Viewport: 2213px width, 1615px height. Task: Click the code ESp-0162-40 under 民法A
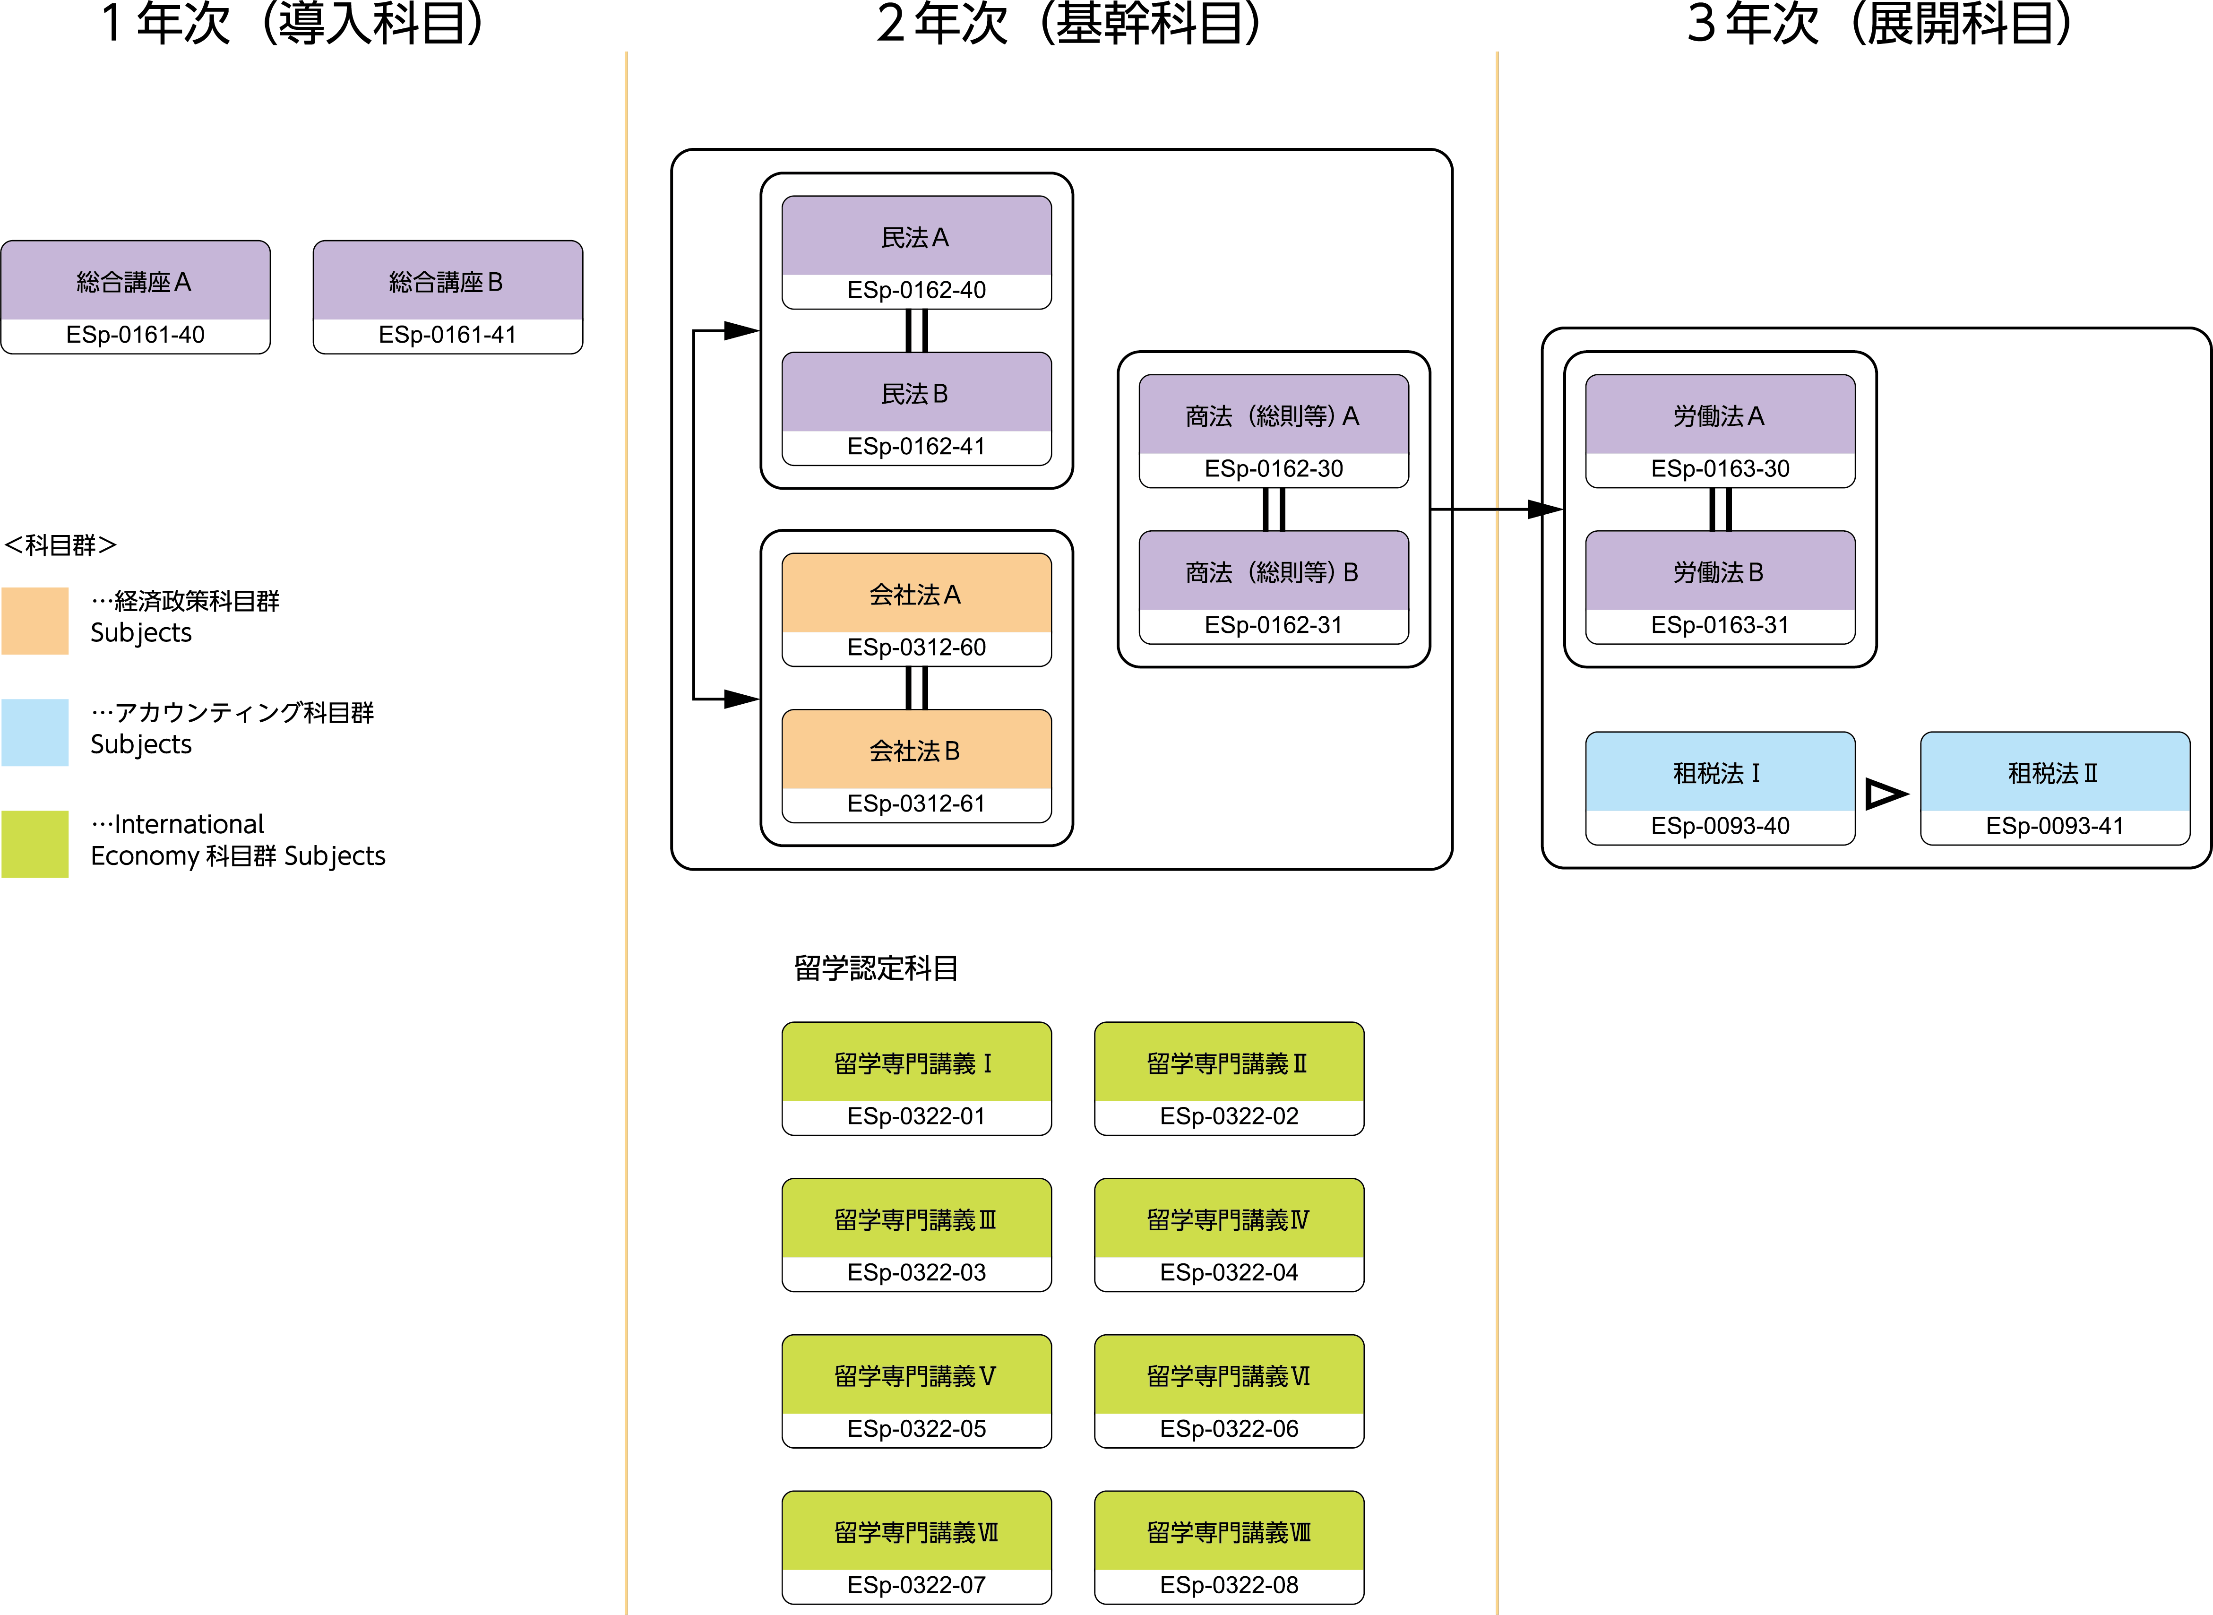coord(916,290)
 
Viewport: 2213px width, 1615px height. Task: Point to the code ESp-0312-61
coord(916,803)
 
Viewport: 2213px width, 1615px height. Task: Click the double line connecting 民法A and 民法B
coord(916,330)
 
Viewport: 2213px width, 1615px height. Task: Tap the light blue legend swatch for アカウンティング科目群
coord(35,732)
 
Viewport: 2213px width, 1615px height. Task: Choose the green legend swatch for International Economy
coord(35,844)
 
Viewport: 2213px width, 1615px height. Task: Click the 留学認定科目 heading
coord(876,968)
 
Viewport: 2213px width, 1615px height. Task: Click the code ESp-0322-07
coord(916,1585)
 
